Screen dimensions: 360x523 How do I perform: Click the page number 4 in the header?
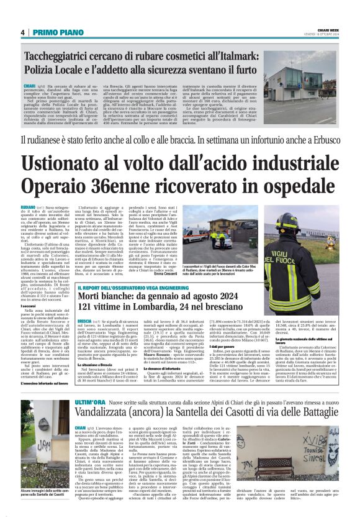click(x=22, y=32)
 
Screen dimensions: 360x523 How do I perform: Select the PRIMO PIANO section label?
click(x=55, y=32)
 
